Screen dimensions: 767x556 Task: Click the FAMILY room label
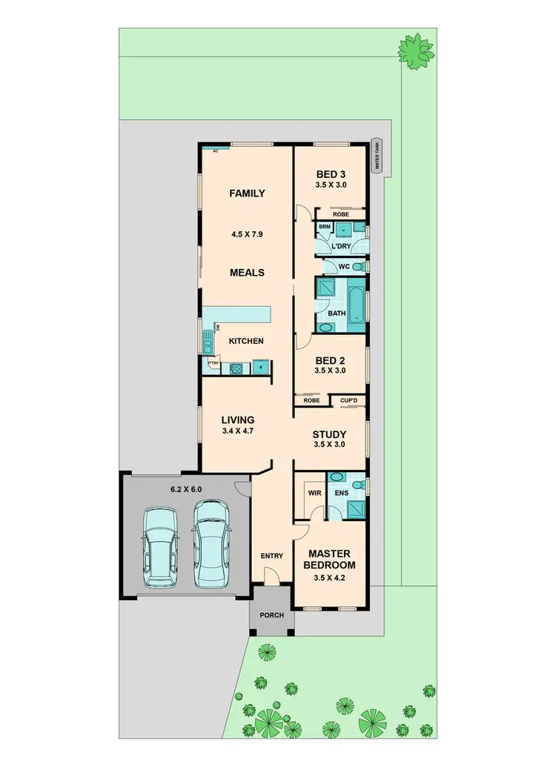(x=247, y=193)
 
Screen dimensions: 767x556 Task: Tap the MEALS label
(x=247, y=272)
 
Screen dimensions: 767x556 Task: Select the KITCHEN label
(x=246, y=341)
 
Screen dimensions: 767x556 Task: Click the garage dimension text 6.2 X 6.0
(x=185, y=489)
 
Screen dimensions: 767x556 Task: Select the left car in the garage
(x=161, y=548)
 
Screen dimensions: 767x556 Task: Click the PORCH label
(x=272, y=614)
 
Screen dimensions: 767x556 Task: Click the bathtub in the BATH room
(x=357, y=305)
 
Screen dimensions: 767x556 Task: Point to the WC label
(x=344, y=266)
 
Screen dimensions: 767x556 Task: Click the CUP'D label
(x=349, y=400)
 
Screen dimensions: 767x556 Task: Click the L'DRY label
(x=341, y=245)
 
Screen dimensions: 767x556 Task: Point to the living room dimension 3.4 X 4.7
(x=238, y=431)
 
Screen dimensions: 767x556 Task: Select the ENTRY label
(x=272, y=556)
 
